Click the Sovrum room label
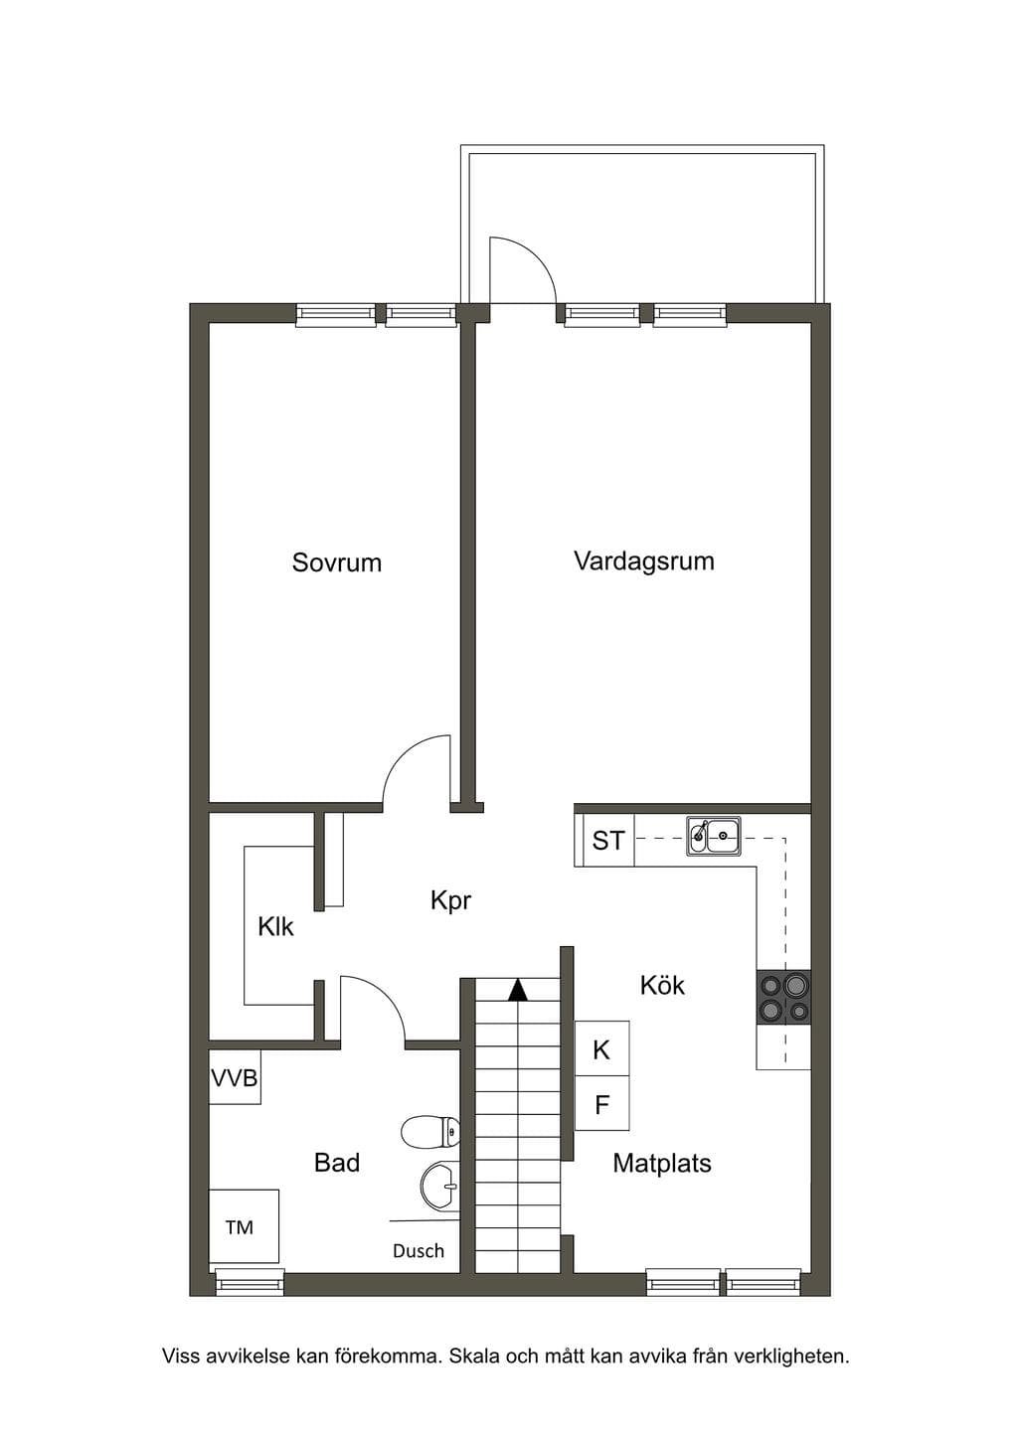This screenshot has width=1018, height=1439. (337, 562)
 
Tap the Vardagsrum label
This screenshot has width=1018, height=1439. (644, 560)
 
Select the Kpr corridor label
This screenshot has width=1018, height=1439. (450, 901)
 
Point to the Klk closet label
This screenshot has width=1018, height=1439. (275, 927)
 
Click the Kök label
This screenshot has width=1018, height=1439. (663, 985)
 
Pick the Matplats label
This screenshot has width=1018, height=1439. (662, 1164)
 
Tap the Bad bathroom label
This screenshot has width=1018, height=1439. (337, 1163)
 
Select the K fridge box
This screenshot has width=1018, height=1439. (601, 1048)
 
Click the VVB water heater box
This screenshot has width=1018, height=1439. (235, 1077)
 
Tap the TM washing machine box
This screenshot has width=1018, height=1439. (244, 1226)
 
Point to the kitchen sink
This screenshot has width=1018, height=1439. (714, 836)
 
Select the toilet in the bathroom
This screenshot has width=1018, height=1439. (430, 1131)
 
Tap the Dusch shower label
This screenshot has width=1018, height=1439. (419, 1251)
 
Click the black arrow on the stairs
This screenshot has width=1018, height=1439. (517, 990)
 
